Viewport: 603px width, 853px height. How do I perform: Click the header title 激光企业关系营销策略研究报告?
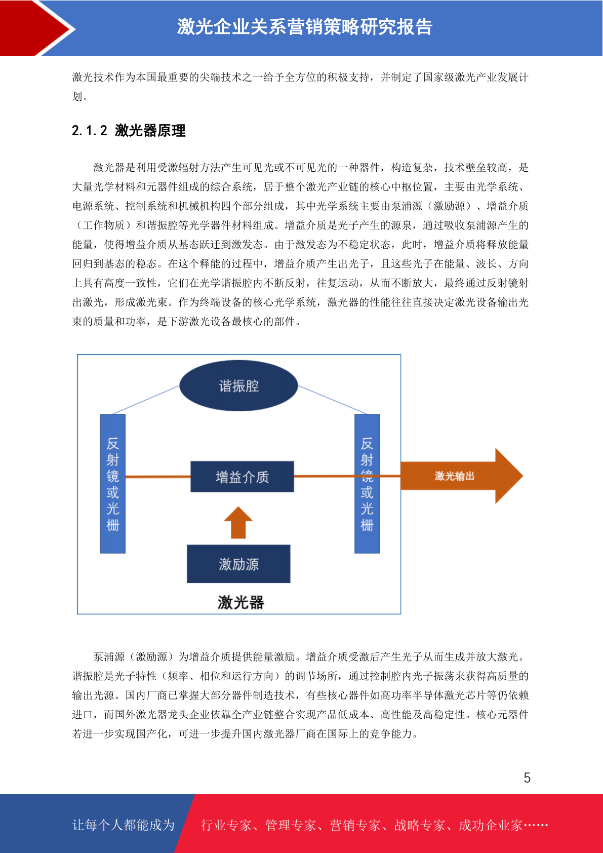point(305,27)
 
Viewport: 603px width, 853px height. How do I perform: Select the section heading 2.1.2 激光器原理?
point(129,131)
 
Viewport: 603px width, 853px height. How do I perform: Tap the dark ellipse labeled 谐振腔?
point(238,385)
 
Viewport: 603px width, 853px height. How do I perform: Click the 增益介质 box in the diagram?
point(242,476)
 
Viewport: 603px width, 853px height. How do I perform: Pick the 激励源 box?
point(238,564)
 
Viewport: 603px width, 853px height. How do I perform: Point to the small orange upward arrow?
point(238,522)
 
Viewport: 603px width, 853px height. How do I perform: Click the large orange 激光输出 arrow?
point(461,476)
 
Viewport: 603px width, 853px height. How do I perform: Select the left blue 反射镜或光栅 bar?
point(113,484)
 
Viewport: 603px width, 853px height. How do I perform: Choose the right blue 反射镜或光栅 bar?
point(367,484)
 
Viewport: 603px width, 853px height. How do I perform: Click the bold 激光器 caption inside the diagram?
point(240,602)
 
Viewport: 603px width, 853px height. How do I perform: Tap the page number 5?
point(527,778)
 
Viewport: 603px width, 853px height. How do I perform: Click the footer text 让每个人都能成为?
point(124,825)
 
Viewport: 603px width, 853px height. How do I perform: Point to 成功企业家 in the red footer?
point(491,825)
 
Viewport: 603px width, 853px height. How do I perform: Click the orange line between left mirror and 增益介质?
point(158,476)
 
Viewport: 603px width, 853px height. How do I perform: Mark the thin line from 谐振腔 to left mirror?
point(146,400)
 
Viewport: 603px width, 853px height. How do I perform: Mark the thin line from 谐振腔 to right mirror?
point(332,400)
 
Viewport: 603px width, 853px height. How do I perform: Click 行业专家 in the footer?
point(226,825)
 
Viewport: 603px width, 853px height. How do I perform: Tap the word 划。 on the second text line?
point(81,96)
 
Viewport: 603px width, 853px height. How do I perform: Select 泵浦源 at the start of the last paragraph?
point(109,656)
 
